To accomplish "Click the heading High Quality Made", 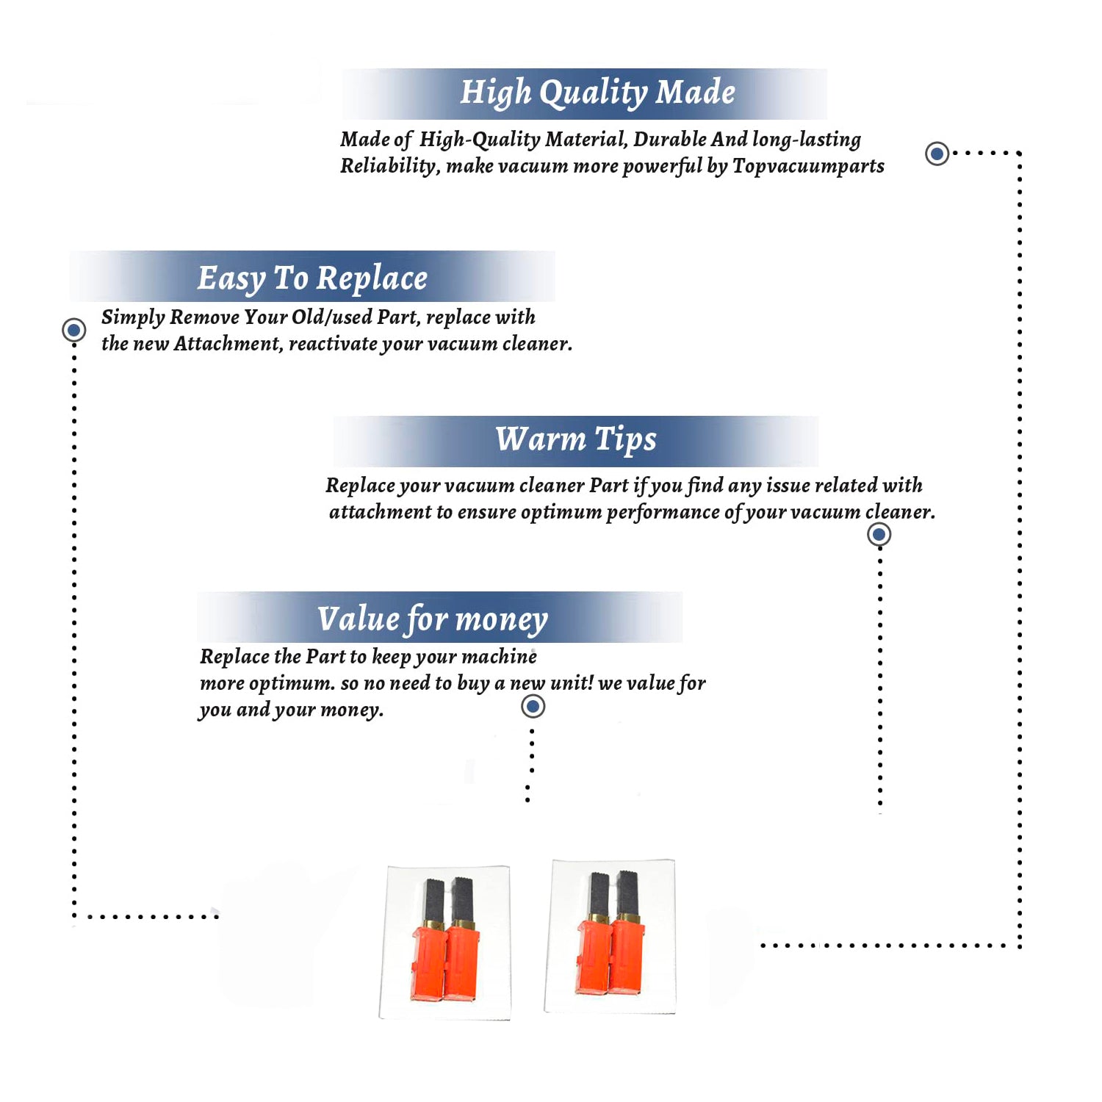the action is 597,93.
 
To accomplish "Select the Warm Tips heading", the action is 575,440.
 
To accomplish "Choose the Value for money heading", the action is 432,619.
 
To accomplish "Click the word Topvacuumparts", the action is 808,166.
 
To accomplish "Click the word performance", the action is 663,513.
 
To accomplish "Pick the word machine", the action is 500,656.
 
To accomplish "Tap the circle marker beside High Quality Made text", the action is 937,154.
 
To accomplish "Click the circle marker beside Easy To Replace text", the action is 73,330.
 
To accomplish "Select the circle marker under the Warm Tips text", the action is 879,534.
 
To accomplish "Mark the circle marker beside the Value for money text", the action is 533,707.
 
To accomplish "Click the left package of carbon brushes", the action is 444,943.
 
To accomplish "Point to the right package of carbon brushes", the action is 610,937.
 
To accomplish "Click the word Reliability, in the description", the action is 390,166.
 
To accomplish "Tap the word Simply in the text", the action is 133,317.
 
